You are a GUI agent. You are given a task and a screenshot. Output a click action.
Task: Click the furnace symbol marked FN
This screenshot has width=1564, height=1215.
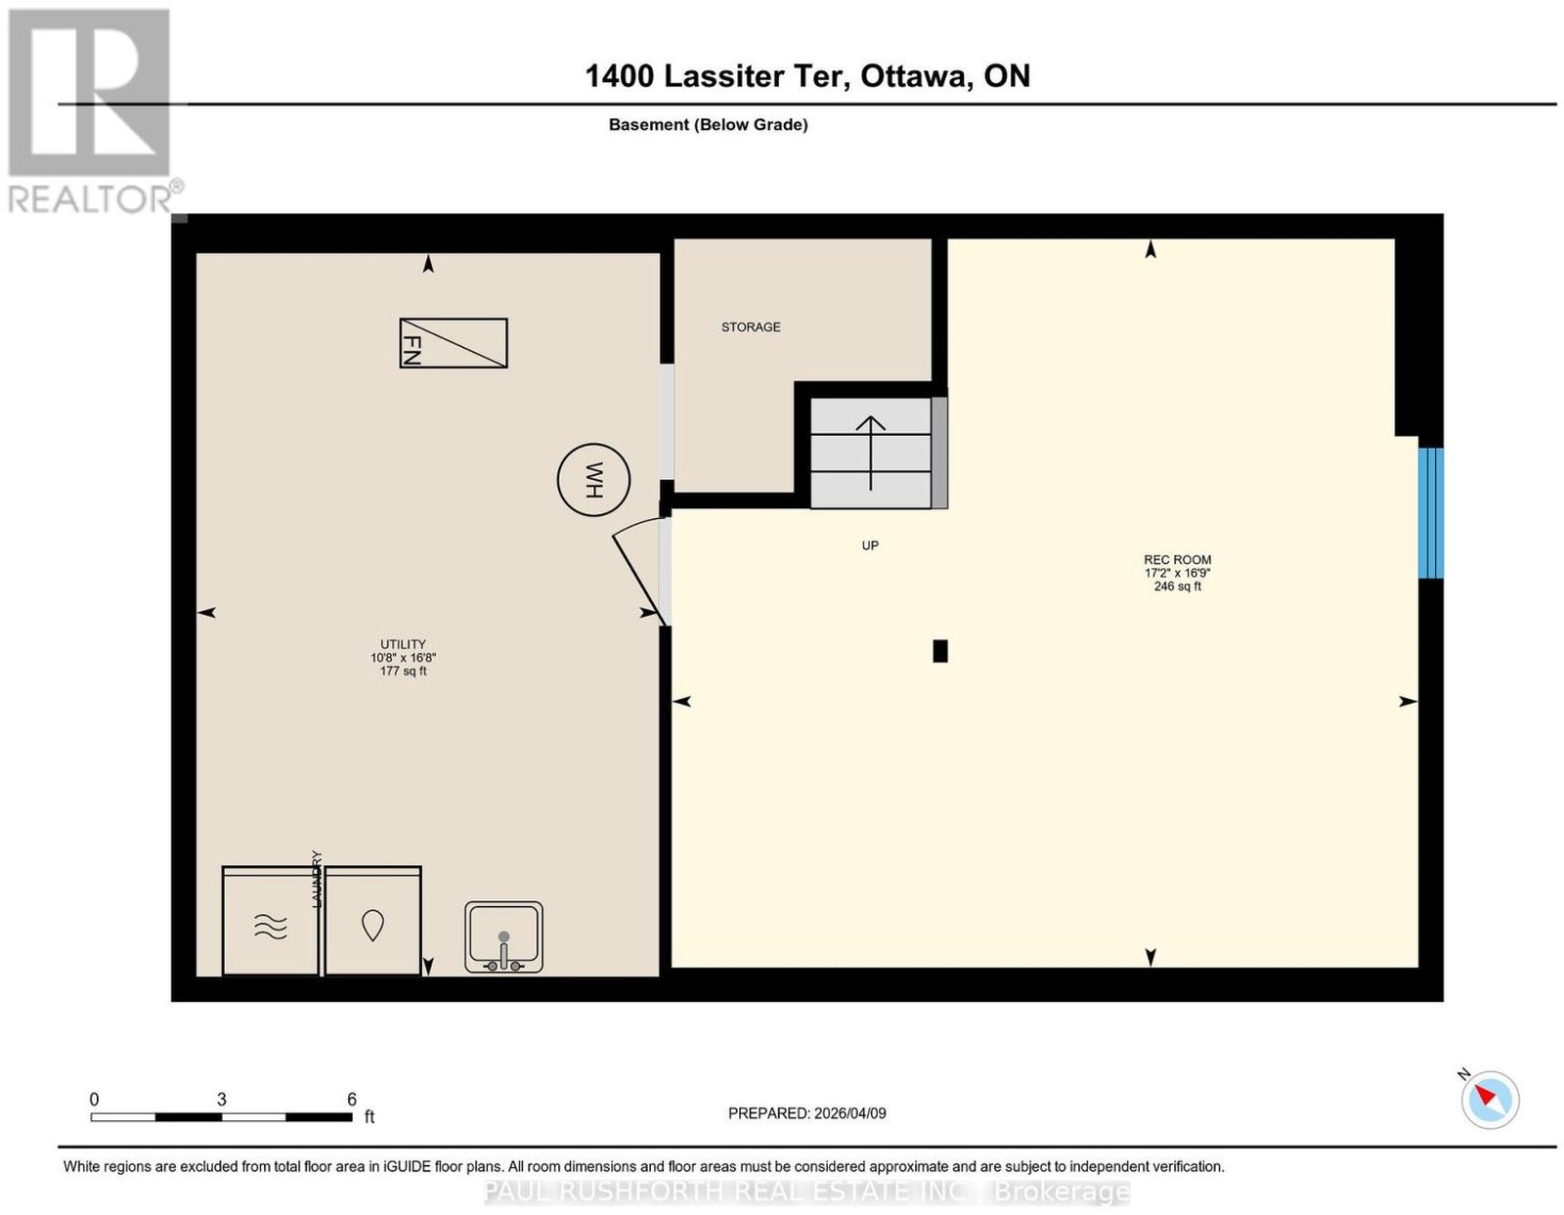(454, 343)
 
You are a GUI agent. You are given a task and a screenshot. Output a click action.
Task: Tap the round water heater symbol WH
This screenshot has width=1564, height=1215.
(593, 479)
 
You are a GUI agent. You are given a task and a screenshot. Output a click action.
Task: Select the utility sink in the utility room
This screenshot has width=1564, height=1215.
(503, 937)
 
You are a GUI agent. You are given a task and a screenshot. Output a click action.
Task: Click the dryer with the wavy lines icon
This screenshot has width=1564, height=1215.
(271, 922)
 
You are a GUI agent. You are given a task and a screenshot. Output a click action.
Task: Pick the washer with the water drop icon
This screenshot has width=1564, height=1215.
(372, 922)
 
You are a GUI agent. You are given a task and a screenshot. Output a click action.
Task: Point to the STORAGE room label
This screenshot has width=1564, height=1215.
(751, 327)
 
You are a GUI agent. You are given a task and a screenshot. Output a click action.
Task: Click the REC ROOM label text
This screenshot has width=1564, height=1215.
(1178, 560)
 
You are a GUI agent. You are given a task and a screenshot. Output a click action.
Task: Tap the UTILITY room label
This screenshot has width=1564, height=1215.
(403, 644)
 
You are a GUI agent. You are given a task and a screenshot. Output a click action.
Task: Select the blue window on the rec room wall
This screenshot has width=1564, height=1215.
(1431, 513)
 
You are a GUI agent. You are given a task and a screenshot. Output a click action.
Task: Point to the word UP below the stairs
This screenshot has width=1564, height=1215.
(870, 546)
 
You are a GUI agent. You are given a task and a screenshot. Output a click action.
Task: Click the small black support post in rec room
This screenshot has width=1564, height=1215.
(940, 651)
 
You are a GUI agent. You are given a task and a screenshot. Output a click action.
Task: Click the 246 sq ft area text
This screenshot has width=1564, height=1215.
(1178, 586)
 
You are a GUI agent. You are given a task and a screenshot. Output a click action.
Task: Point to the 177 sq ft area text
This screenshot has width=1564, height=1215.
(403, 672)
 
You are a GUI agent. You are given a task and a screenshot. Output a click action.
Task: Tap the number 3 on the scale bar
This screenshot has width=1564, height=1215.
(222, 1100)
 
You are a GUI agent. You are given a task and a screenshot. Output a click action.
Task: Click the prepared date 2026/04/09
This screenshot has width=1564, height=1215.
(850, 1113)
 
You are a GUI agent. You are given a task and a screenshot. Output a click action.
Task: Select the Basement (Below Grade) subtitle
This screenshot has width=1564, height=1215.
(709, 124)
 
